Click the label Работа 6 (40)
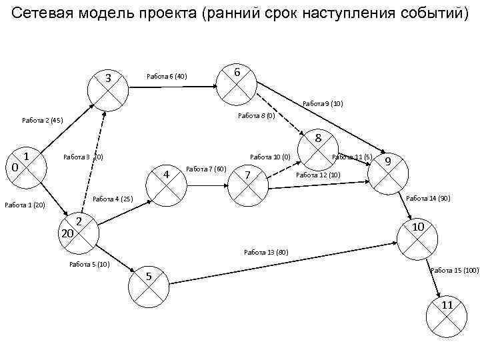tap(167, 77)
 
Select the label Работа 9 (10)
tap(323, 104)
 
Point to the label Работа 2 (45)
tap(42, 121)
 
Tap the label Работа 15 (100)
tap(455, 270)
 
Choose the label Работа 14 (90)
tap(428, 198)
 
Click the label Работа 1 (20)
tap(25, 205)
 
